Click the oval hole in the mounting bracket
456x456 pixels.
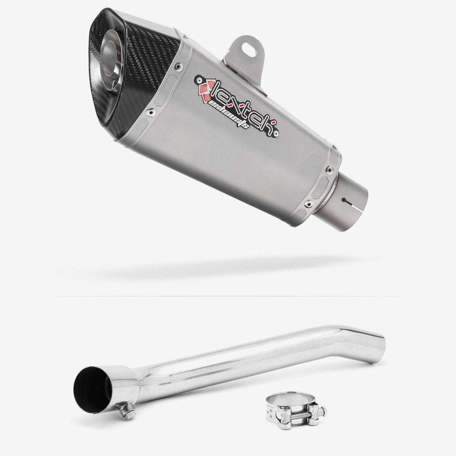click(x=249, y=45)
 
